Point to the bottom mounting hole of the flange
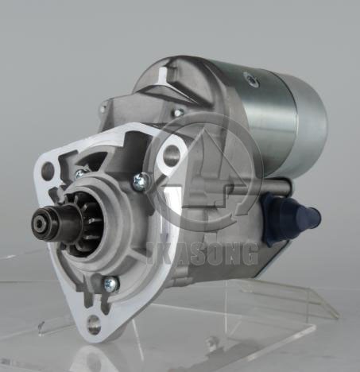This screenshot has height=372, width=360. (x=94, y=324)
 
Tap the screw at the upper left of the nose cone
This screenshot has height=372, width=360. (x=79, y=174)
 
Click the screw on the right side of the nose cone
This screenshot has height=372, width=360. (x=141, y=181)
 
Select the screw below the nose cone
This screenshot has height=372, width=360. (x=110, y=284)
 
